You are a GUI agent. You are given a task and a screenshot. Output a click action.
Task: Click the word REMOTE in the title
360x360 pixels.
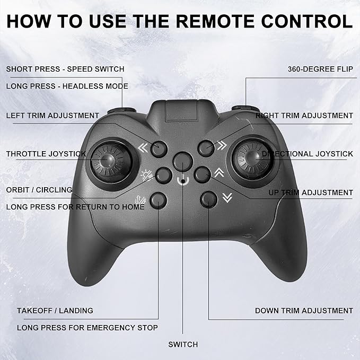pos(215,21)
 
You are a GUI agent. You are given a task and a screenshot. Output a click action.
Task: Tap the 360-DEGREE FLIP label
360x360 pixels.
pos(320,69)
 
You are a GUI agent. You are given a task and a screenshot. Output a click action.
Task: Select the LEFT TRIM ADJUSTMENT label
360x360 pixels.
pos(52,116)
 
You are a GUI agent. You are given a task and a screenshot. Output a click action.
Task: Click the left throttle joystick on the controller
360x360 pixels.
pos(112,162)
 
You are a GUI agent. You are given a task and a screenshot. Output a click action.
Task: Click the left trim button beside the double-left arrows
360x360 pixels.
pos(159,149)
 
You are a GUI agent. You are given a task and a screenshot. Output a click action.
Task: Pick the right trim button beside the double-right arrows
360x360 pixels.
pos(206,148)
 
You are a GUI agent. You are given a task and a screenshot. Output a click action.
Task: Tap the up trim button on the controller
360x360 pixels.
pos(203,175)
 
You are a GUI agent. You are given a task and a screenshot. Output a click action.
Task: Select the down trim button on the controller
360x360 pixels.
pos(209,199)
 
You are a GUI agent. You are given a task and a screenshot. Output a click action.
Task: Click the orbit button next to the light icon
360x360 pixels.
pos(164,175)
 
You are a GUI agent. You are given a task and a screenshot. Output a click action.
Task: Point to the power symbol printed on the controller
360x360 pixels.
pos(183,180)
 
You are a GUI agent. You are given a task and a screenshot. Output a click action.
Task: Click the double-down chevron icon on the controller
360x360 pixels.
pos(227,198)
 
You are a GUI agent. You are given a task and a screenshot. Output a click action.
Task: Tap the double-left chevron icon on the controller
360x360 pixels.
pos(143,148)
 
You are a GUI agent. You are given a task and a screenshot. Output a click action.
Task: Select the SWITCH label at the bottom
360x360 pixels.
pos(183,345)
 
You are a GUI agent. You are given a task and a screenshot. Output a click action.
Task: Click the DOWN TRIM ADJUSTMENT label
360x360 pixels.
pos(304,311)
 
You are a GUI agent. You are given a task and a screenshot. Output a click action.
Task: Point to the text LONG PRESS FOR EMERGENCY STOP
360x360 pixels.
pos(87,328)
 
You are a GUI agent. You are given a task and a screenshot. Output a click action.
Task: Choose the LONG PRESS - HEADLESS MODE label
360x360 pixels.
pos(67,86)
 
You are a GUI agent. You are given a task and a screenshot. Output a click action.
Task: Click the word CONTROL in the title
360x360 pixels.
pos(307,21)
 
